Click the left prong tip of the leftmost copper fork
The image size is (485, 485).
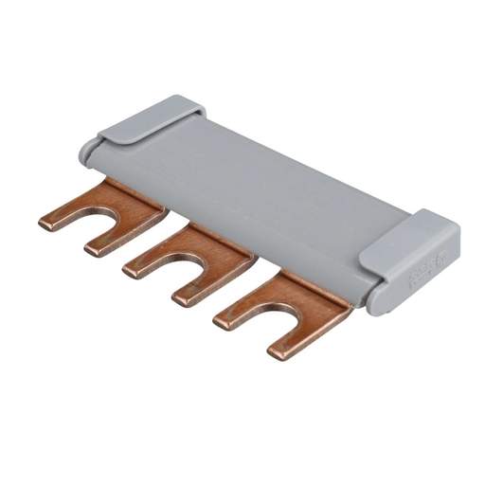47,223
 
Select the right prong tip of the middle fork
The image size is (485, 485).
183,299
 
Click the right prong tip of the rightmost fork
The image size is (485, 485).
278,352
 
